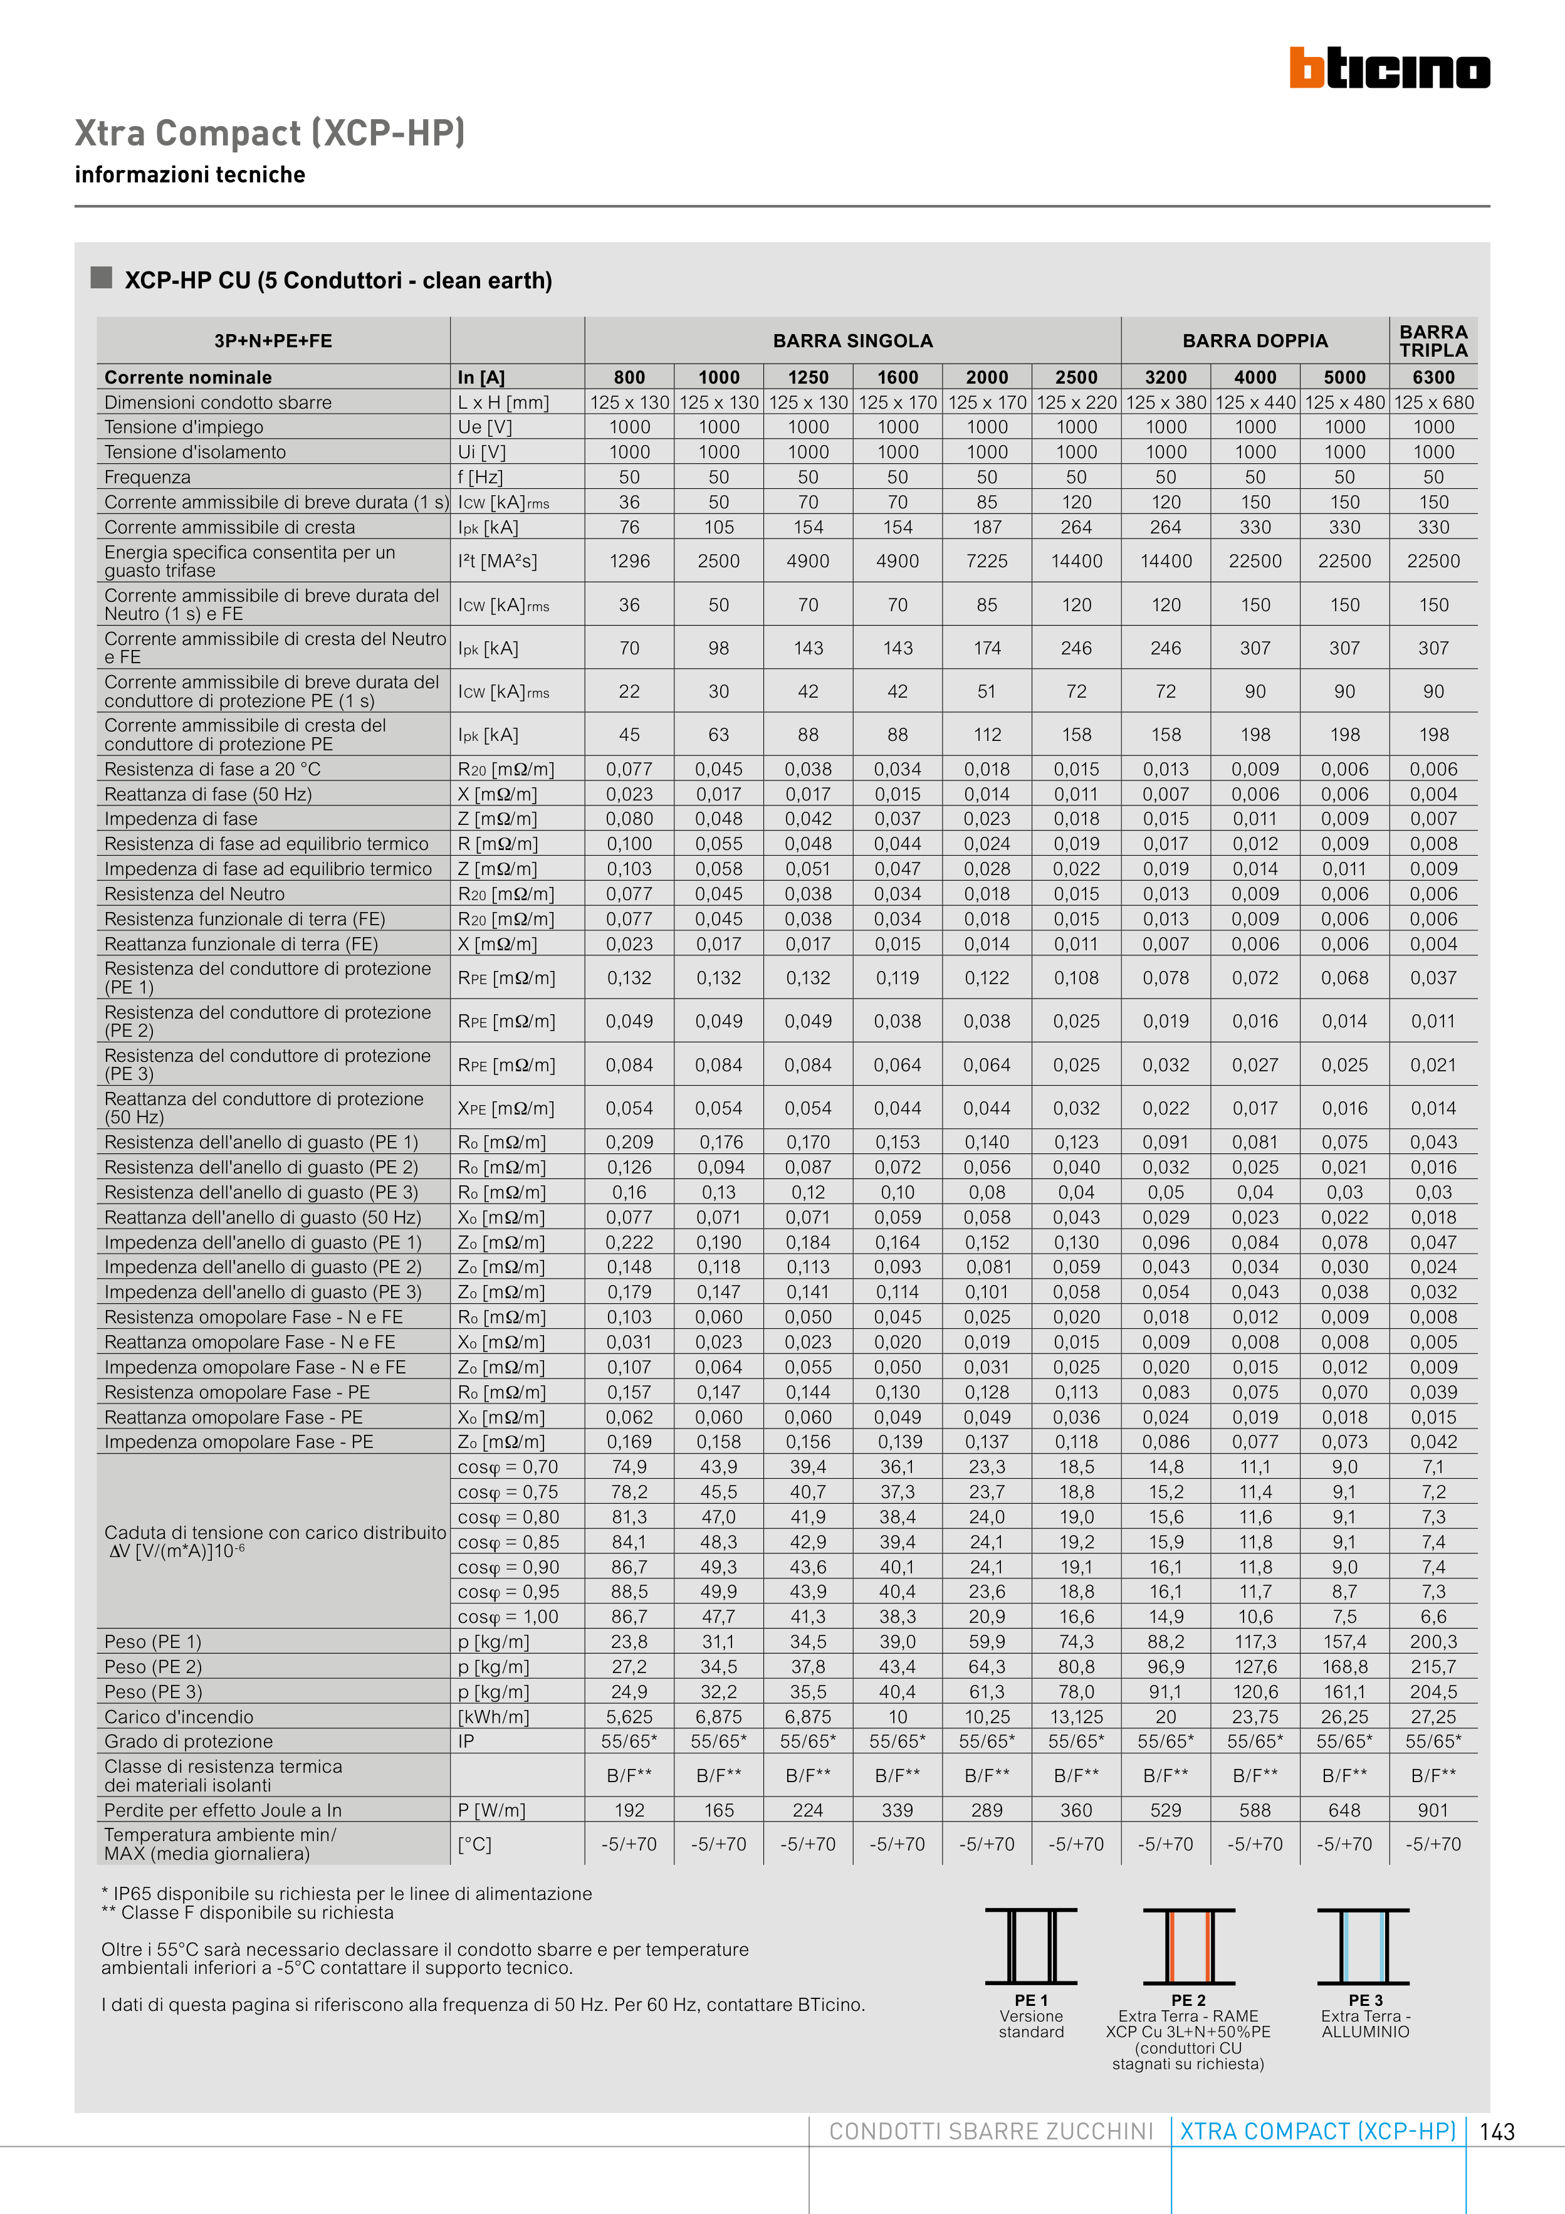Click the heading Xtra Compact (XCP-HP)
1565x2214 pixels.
[270, 133]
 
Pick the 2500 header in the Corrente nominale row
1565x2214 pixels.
[1076, 377]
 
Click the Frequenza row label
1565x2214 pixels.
[147, 477]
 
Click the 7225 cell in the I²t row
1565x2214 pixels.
[987, 561]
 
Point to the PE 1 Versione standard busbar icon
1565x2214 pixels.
[1031, 1946]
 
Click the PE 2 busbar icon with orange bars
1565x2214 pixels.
[1188, 1946]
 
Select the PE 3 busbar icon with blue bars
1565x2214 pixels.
[1363, 1946]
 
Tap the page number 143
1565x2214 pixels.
[1497, 2132]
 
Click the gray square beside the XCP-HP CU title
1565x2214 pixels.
[102, 278]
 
